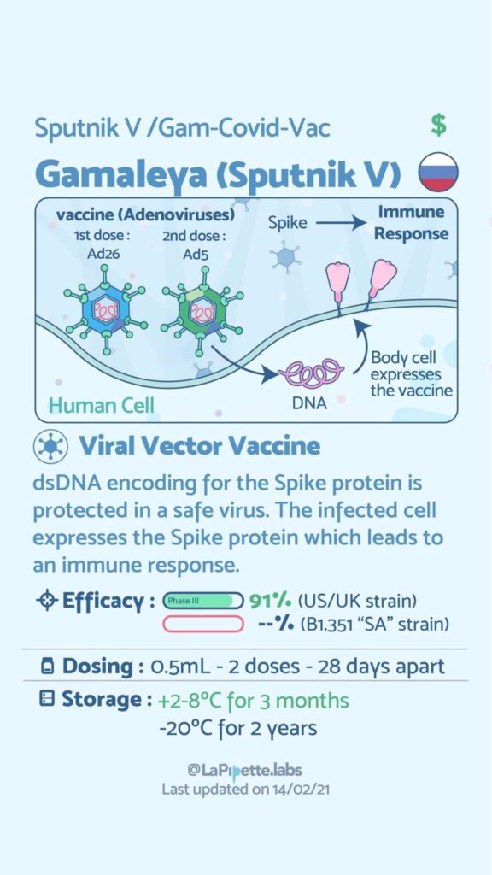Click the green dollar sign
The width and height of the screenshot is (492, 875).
(x=439, y=126)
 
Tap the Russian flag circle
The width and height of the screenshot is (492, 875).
(x=438, y=172)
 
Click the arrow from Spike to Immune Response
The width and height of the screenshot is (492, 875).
(x=340, y=224)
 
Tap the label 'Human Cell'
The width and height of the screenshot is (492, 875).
(x=101, y=405)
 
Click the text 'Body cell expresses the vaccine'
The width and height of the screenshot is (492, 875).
(x=411, y=373)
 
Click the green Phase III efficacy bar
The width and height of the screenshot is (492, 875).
(x=203, y=601)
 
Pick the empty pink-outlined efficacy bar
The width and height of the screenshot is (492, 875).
(x=203, y=623)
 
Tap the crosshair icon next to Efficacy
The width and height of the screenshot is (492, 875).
(x=46, y=601)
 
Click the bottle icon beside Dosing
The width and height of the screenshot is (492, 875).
(x=48, y=667)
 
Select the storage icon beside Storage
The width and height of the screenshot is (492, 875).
(x=48, y=699)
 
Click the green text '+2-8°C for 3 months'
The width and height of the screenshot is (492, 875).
(x=253, y=700)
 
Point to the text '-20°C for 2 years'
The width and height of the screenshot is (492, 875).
(x=238, y=728)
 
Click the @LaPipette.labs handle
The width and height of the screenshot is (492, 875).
(x=245, y=771)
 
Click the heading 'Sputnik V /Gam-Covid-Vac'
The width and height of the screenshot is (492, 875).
(x=183, y=129)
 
